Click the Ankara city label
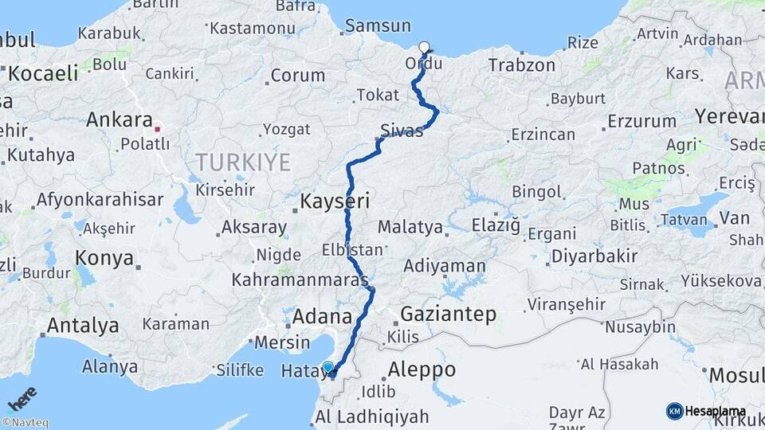[119, 120]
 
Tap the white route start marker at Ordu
[424, 47]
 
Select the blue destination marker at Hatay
[328, 367]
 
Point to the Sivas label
[402, 131]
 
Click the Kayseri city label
[335, 202]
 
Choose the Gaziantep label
[449, 313]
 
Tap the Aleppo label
[422, 369]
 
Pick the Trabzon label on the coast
[522, 65]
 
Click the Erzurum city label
[641, 122]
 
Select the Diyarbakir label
[599, 256]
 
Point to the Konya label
[104, 258]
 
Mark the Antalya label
[83, 326]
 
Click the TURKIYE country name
[243, 162]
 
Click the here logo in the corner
[22, 398]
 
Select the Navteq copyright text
[25, 423]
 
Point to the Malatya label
[410, 227]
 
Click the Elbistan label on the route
[352, 249]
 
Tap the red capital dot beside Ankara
[158, 128]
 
